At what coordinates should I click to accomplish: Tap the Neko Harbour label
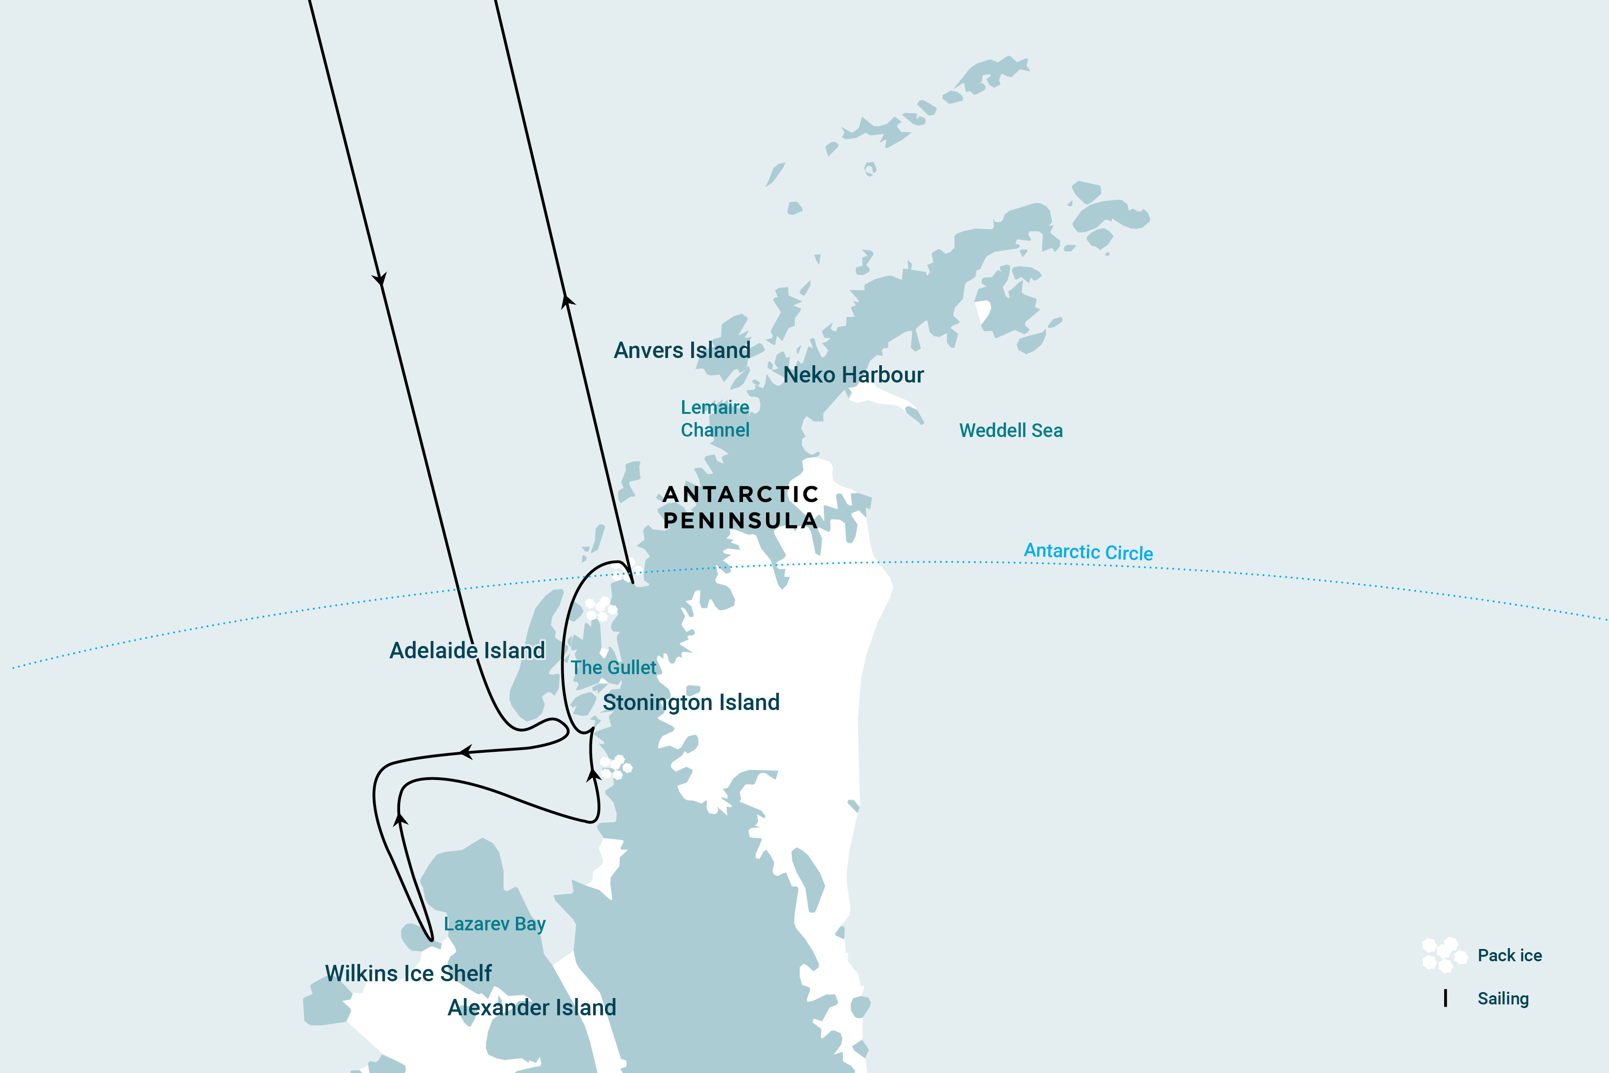click(853, 375)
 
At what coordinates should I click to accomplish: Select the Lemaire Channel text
click(715, 418)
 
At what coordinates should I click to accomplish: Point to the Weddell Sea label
click(1010, 431)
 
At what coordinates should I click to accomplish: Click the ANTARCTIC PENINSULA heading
click(740, 507)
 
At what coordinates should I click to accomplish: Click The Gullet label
click(613, 667)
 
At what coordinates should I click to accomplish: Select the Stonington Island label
click(691, 702)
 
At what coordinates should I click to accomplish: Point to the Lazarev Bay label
click(495, 924)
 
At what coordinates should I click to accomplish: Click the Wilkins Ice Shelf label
click(408, 973)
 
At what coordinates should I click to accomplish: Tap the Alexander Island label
click(531, 1007)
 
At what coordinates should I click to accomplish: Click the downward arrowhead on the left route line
click(380, 279)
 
